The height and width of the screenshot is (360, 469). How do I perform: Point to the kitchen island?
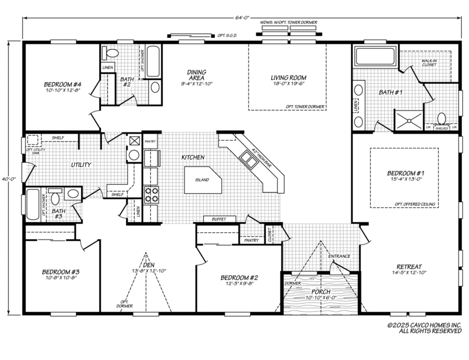203,180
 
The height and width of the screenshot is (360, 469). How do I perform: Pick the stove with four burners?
151,195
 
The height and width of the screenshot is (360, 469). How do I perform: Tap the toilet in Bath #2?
112,54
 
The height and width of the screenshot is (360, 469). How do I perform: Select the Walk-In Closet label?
429,63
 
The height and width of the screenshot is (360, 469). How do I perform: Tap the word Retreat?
410,266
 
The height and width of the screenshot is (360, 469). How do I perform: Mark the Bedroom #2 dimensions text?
238,284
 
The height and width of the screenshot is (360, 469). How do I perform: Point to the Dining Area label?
197,75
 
